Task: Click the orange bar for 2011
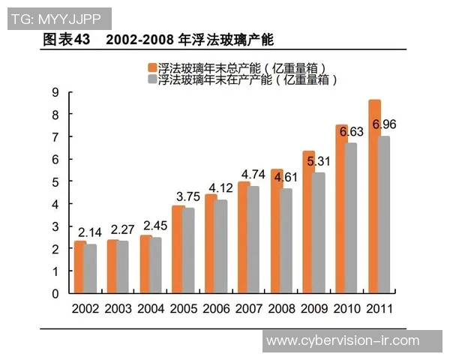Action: [374, 196]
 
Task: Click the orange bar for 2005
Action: [178, 249]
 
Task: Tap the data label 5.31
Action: [319, 160]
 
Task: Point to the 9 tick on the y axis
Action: [55, 91]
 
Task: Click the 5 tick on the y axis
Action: [55, 181]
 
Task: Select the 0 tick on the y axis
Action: [55, 293]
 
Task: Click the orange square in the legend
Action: [152, 67]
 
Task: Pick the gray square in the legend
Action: [152, 78]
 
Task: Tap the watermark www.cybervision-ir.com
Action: [342, 340]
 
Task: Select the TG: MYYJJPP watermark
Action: [58, 17]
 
